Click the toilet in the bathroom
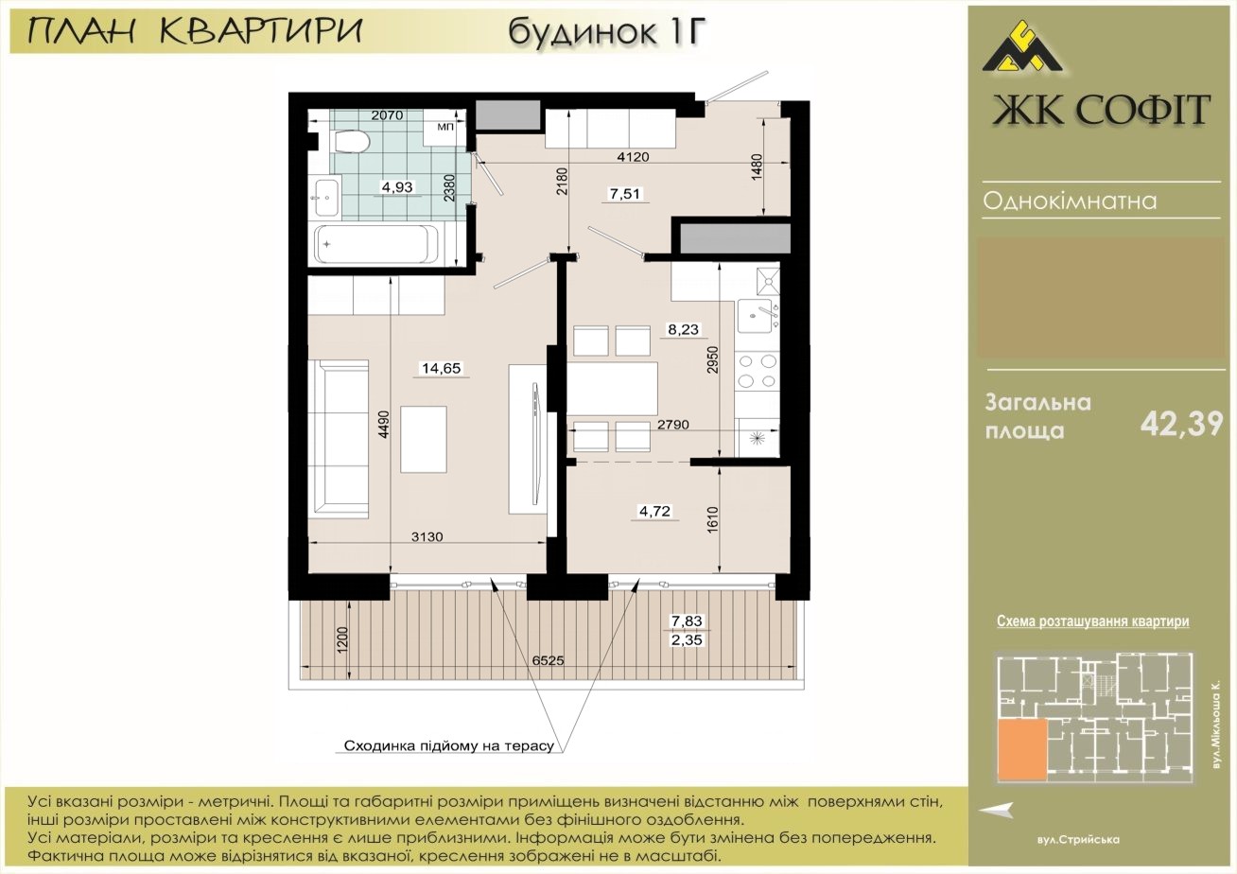[x=351, y=141]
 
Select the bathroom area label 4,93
[x=397, y=186]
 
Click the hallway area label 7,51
[x=625, y=194]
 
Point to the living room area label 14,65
[x=442, y=368]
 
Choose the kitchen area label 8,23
[x=683, y=329]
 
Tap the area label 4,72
[x=655, y=511]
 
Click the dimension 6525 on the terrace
[x=548, y=660]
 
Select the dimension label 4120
[x=633, y=157]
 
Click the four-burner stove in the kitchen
[x=758, y=371]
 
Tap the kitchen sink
[x=757, y=316]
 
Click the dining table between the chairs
[x=613, y=389]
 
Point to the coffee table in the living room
[x=424, y=439]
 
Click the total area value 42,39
[x=1182, y=425]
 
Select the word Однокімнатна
[x=1070, y=201]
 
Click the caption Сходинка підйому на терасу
[x=448, y=746]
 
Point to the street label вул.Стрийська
[x=1078, y=840]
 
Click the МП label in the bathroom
[x=445, y=127]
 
